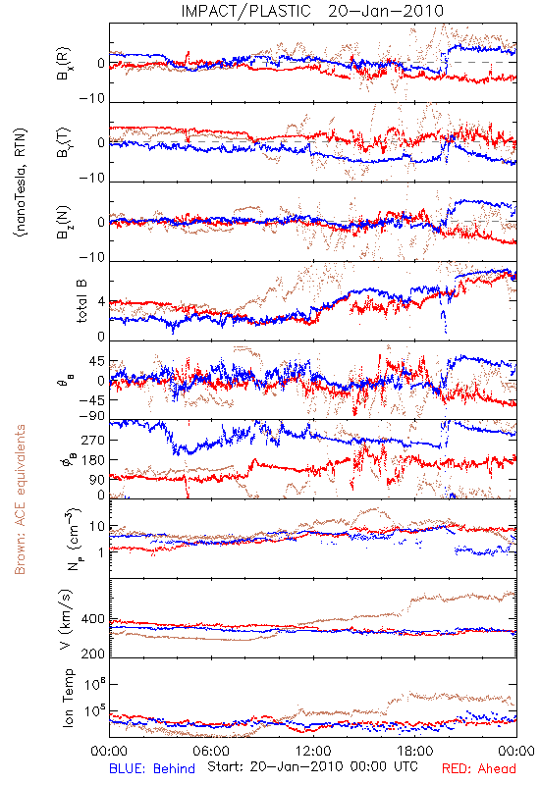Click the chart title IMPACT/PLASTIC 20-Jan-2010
click(x=312, y=11)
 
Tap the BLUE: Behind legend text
click(x=152, y=769)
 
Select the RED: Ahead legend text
click(x=478, y=769)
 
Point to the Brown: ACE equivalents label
click(x=20, y=499)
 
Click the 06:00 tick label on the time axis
click(x=211, y=751)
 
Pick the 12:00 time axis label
click(x=313, y=751)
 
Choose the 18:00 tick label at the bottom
click(x=415, y=751)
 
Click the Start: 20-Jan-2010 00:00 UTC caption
click(x=312, y=766)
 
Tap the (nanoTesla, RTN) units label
click(x=22, y=182)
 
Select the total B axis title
click(x=81, y=301)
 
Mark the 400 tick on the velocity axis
click(x=93, y=619)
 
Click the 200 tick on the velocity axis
click(x=93, y=654)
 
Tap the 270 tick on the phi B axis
click(x=93, y=440)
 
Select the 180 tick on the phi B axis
click(x=93, y=459)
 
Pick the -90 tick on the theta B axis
click(x=92, y=415)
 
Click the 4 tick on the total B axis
click(x=101, y=302)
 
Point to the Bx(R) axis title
click(x=64, y=64)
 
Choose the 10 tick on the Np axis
click(x=97, y=527)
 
